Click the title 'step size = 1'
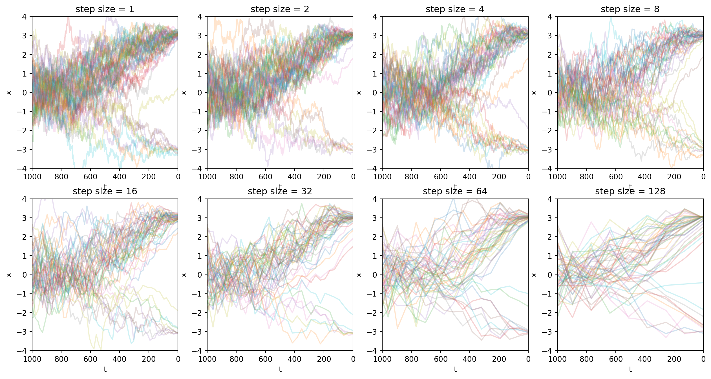105,9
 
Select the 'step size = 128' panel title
630,191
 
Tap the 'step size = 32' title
280,191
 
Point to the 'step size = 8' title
630,9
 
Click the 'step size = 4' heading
455,9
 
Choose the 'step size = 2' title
280,9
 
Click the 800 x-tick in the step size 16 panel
61,359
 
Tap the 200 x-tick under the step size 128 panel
674,359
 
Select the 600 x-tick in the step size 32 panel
265,359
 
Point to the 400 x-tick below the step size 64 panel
470,359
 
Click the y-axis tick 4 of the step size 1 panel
25,17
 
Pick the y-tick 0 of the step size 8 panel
550,93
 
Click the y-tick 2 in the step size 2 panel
200,55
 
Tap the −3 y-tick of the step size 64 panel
372,332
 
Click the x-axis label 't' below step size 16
105,369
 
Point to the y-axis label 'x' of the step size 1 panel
9,93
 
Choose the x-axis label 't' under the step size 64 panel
455,369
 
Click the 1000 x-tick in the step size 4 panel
382,177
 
